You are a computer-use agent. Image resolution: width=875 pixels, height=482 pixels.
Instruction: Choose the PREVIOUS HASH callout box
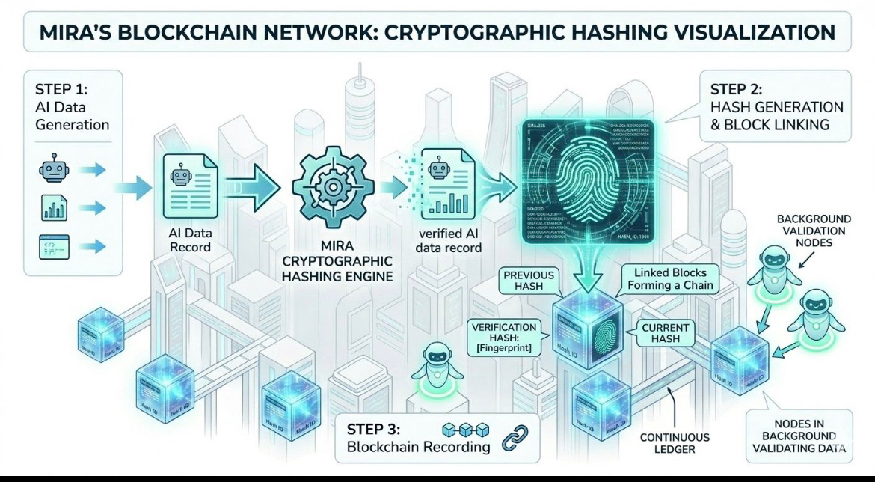(x=529, y=281)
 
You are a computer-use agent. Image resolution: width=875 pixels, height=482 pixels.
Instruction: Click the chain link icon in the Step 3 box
(x=514, y=439)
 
